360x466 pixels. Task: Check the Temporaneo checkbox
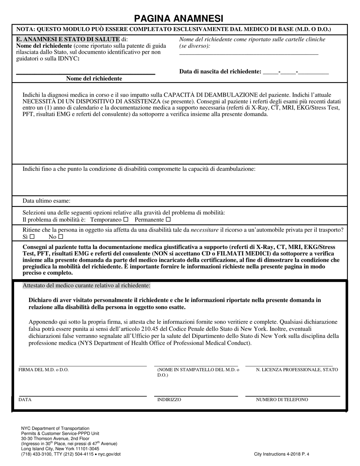tap(126, 220)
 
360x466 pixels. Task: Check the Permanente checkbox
tap(168, 220)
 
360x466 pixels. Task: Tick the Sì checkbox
tap(32, 237)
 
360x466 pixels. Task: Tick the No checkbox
tap(60, 237)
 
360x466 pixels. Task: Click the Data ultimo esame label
tap(46, 201)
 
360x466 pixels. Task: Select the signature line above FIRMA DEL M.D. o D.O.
tap(83, 366)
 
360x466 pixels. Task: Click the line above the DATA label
tap(83, 396)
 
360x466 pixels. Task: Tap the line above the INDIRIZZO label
tap(196, 396)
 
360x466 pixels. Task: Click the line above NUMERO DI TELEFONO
tap(293, 396)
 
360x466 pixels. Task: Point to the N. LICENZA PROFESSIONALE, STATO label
tap(297, 370)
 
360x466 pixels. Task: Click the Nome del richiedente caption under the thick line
tap(94, 78)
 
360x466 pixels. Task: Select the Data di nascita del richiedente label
tap(220, 72)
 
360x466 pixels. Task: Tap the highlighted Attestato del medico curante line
tap(86, 285)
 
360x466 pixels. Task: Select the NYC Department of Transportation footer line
tap(55, 428)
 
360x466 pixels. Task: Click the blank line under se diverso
tap(249, 54)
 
